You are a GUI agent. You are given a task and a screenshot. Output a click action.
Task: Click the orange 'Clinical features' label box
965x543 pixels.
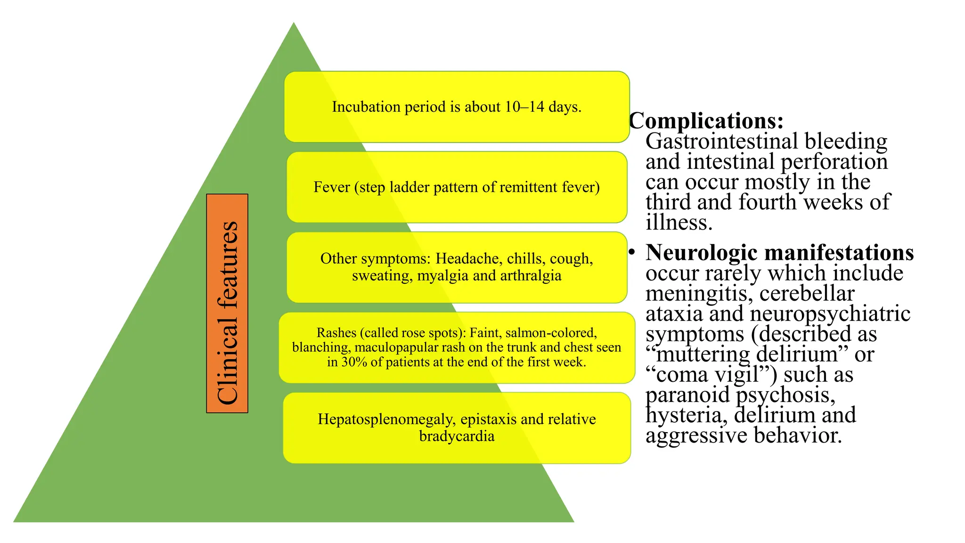(x=227, y=303)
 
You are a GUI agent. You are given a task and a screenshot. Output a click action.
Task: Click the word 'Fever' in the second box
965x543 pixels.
(x=332, y=187)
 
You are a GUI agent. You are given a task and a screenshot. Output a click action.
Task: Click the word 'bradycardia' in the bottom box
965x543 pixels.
(x=457, y=436)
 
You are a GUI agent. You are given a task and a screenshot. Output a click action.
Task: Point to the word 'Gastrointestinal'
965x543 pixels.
(x=722, y=141)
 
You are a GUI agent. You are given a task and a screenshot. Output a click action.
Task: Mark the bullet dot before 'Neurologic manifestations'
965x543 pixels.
(x=632, y=252)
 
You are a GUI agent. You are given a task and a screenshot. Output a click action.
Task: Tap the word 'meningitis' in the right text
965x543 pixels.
(x=700, y=294)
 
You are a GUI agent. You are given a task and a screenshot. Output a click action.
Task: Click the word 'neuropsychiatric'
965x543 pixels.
(x=830, y=314)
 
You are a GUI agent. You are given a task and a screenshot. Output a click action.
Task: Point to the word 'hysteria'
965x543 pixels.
(x=687, y=415)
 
